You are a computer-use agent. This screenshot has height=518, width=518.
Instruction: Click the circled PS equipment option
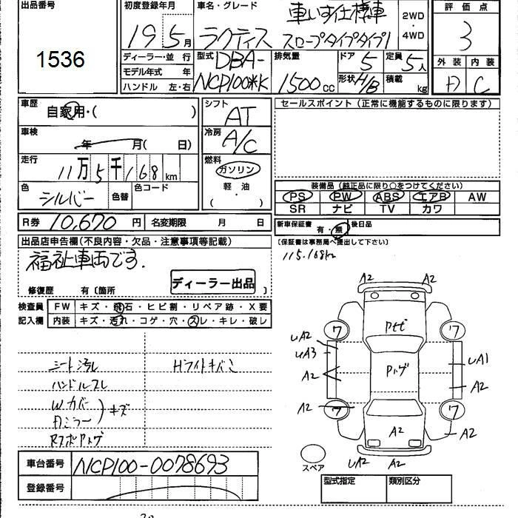pos(298,197)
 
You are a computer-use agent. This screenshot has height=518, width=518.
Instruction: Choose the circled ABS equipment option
pos(388,197)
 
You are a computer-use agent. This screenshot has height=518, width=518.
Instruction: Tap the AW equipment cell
pos(477,197)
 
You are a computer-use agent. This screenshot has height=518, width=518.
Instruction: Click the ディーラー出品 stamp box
pos(213,283)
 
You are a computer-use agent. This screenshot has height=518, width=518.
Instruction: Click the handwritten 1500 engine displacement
pos(296,77)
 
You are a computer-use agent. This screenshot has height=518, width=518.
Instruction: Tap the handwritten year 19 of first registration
pos(137,34)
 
